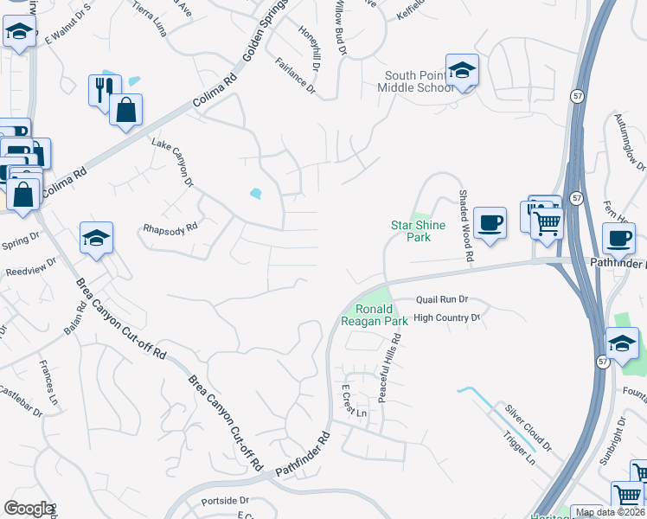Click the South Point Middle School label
point(420,82)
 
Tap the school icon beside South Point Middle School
point(463,70)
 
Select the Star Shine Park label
point(418,231)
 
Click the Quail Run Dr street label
point(441,299)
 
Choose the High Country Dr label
point(446,318)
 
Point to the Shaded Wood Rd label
point(465,227)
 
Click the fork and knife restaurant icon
point(103,89)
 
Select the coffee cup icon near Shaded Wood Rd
point(490,223)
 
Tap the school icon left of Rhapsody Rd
point(96,238)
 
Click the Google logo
point(29,509)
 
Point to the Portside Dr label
point(225,501)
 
